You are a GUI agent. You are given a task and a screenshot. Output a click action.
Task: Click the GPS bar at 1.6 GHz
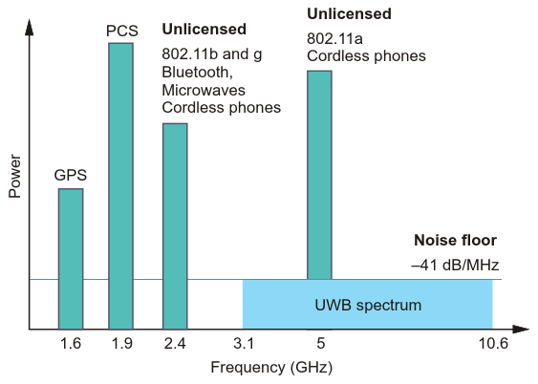point(71,259)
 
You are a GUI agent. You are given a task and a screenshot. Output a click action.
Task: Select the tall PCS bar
point(120,186)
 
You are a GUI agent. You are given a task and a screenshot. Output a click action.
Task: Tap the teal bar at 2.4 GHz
point(175,226)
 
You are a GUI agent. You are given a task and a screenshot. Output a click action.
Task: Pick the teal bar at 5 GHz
point(319,175)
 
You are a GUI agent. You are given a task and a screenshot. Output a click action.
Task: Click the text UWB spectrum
point(368,305)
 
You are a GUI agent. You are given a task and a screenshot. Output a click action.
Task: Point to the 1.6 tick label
point(71,343)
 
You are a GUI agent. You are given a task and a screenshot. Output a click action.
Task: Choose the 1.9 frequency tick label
point(121,343)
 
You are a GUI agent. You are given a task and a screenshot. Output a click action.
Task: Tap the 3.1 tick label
point(244,343)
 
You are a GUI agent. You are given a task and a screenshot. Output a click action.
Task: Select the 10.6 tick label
point(493,343)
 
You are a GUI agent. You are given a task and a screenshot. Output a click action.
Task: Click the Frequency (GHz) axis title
point(271,368)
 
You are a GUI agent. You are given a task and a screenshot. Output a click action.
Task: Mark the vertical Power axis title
point(14,176)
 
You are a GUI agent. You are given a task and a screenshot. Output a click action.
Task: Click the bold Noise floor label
point(455,240)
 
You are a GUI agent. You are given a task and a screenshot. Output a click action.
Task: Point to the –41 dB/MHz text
point(455,265)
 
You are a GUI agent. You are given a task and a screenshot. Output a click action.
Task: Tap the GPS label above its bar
point(71,175)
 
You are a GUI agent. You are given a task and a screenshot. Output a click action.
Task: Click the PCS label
point(121,31)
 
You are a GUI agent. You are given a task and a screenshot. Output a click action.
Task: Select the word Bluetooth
point(196,73)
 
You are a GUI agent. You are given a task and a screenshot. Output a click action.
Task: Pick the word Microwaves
point(204,90)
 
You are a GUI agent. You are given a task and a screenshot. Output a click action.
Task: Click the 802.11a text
point(334,39)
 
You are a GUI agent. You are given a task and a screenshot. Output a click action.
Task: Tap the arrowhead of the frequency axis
point(521,330)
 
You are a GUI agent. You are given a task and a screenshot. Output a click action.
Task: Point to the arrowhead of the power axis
point(30,28)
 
